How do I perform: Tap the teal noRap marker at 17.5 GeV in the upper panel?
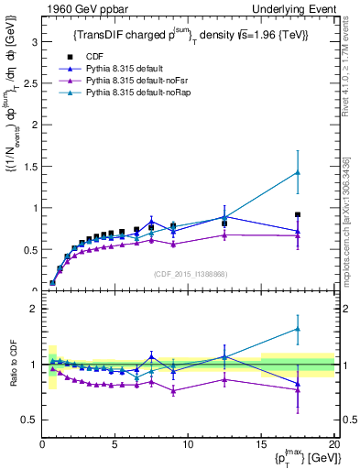298,172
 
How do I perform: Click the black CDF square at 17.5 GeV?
298,214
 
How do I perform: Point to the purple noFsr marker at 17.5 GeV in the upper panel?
298,235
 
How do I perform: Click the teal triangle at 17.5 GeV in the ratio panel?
298,329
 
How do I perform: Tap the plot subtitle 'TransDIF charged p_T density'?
190,35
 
